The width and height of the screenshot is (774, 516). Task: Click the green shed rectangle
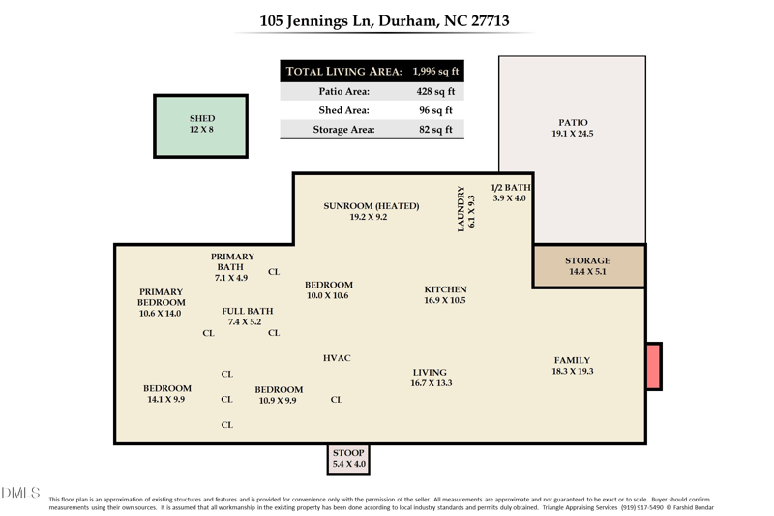pyautogui.click(x=201, y=126)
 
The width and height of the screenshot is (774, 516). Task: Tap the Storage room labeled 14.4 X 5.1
pyautogui.click(x=588, y=266)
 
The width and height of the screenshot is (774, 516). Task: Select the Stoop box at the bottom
pyautogui.click(x=348, y=459)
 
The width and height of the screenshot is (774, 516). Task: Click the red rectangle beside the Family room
pyautogui.click(x=654, y=366)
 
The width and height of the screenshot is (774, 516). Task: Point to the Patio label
pyautogui.click(x=573, y=128)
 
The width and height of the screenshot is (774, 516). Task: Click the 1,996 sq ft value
pyautogui.click(x=435, y=72)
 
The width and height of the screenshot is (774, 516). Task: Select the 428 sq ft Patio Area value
pyautogui.click(x=435, y=92)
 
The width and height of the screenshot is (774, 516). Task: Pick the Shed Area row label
pyautogui.click(x=344, y=110)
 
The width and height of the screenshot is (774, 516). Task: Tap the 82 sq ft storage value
pyautogui.click(x=435, y=130)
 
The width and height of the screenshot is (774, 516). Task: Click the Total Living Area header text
pyautogui.click(x=344, y=72)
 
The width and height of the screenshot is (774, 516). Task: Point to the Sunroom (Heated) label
pyautogui.click(x=371, y=211)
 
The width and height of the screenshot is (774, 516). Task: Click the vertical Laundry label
pyautogui.click(x=466, y=208)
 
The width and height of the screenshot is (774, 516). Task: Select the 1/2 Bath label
pyautogui.click(x=510, y=193)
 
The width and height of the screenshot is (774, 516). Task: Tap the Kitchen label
pyautogui.click(x=445, y=294)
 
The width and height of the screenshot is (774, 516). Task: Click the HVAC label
pyautogui.click(x=337, y=358)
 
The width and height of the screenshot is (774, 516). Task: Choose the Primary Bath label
pyautogui.click(x=232, y=267)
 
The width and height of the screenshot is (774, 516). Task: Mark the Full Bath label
pyautogui.click(x=248, y=317)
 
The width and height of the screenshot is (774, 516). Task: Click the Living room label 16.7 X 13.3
pyautogui.click(x=430, y=378)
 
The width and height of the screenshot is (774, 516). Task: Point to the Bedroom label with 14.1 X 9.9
pyautogui.click(x=164, y=393)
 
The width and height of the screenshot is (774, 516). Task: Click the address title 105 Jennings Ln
pyautogui.click(x=385, y=20)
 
